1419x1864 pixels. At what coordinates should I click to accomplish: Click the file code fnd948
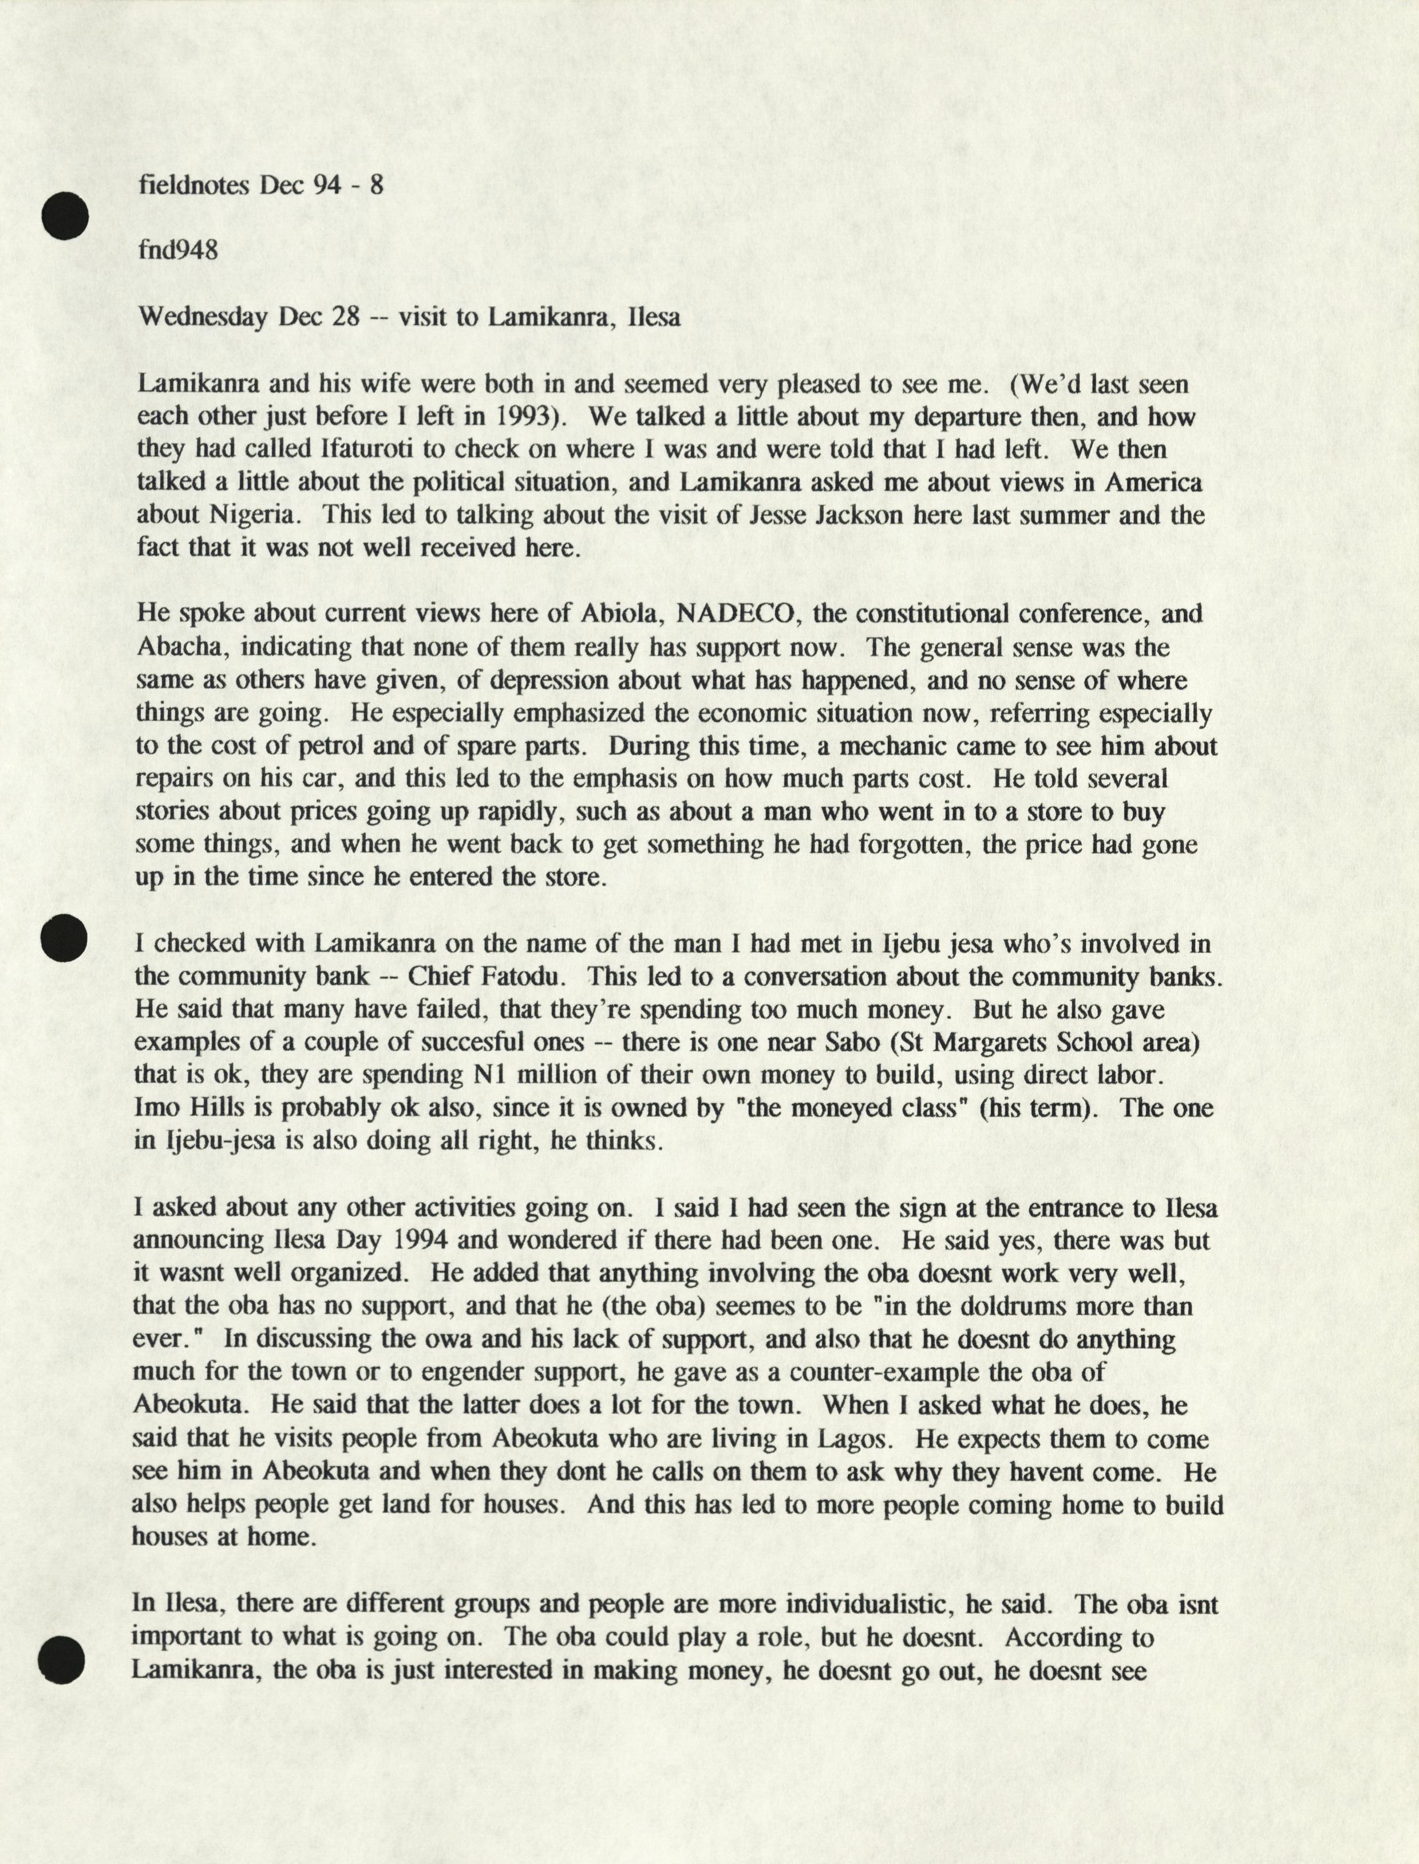point(177,250)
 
